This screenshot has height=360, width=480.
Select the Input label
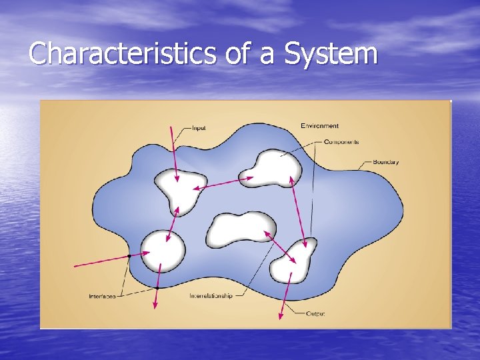click(x=199, y=127)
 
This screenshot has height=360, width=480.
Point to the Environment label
click(x=319, y=125)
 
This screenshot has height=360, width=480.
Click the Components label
click(x=341, y=142)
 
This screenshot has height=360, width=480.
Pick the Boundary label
click(x=386, y=162)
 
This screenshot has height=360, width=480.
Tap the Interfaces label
click(x=102, y=295)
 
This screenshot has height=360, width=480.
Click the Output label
click(x=315, y=313)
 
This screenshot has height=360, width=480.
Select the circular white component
click(x=162, y=250)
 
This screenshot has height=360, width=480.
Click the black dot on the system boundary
click(x=128, y=256)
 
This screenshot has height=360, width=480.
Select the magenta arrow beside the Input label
click(x=175, y=153)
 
